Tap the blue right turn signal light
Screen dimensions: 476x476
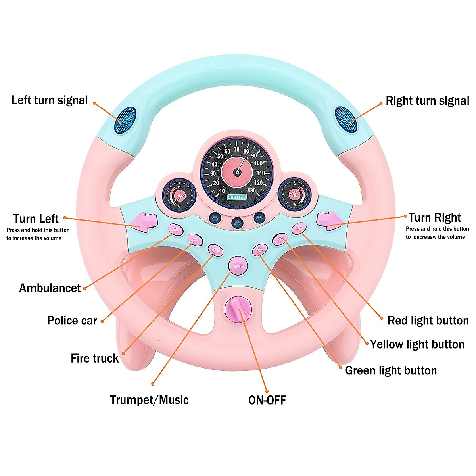(x=346, y=119)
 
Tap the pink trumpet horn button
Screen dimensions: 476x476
(x=238, y=266)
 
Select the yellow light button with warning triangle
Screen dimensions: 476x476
(x=280, y=239)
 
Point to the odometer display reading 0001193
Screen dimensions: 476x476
(x=237, y=197)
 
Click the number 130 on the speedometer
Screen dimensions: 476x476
(x=251, y=190)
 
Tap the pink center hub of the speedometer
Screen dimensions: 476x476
(x=237, y=172)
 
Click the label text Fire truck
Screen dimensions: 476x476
(x=94, y=358)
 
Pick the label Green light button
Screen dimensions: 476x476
(x=391, y=370)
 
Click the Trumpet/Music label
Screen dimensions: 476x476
(x=149, y=399)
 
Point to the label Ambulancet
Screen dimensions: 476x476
(x=50, y=288)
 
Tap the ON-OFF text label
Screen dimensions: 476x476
(x=267, y=400)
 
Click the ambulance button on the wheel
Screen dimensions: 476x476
(x=175, y=229)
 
